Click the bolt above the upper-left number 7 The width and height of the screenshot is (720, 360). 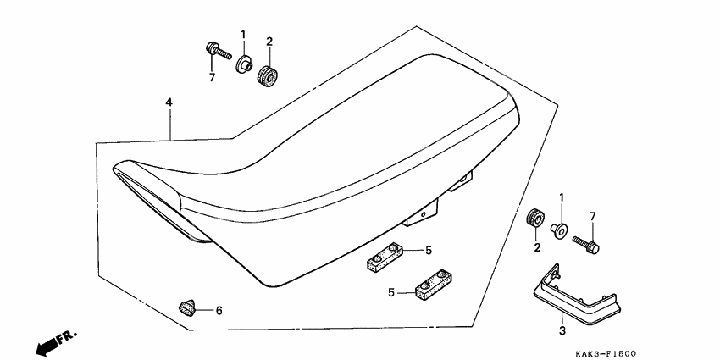pyautogui.click(x=219, y=51)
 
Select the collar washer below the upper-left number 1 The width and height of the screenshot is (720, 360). pyautogui.click(x=244, y=64)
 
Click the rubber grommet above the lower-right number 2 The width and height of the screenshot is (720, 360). pyautogui.click(x=535, y=217)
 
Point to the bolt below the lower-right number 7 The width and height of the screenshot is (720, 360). pyautogui.click(x=586, y=245)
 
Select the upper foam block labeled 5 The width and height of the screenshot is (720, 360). pyautogui.click(x=385, y=256)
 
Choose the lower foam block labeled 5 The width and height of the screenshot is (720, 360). pyautogui.click(x=433, y=285)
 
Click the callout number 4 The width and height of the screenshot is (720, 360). pyautogui.click(x=169, y=102)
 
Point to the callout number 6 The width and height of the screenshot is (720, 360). pyautogui.click(x=219, y=311)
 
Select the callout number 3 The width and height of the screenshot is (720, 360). pyautogui.click(x=562, y=330)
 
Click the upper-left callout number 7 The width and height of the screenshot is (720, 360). pyautogui.click(x=212, y=78)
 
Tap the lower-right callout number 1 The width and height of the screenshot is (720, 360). pyautogui.click(x=561, y=198)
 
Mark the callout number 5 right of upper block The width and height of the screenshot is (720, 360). pyautogui.click(x=429, y=250)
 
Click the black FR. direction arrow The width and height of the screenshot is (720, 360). pyautogui.click(x=47, y=346)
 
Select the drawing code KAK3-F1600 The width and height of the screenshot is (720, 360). pyautogui.click(x=606, y=353)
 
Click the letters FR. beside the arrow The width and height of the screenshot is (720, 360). pyautogui.click(x=68, y=337)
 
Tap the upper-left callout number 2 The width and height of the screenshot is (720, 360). pyautogui.click(x=269, y=42)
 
